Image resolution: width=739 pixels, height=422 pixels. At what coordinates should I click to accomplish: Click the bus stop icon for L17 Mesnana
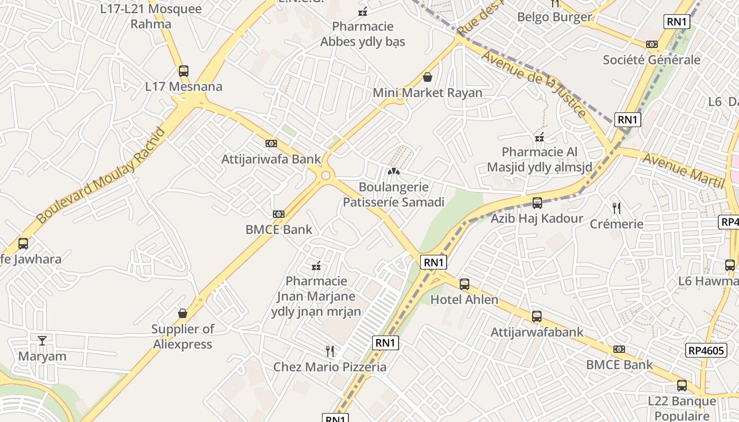pos(183,71)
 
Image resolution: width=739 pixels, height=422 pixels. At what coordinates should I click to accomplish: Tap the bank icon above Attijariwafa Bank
pos(271,143)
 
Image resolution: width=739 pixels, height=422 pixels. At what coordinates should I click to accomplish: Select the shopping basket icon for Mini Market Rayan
pos(428,78)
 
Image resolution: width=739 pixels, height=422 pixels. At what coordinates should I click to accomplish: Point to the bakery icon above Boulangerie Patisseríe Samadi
pos(393,171)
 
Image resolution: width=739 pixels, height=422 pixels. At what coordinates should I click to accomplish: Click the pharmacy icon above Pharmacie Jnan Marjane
pos(316,266)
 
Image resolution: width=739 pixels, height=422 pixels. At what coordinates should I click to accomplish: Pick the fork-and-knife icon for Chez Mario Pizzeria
pos(330,351)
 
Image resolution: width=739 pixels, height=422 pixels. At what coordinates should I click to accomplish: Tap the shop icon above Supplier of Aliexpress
pos(183,313)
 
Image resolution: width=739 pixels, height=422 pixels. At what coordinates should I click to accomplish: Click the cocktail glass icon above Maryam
pos(42,341)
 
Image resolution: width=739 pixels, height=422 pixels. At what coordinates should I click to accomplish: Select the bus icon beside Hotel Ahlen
pos(465,284)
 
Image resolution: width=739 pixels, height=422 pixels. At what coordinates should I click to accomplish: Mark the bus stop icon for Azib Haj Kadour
pos(537,203)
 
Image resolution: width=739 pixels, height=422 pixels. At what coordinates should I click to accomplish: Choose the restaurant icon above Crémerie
pos(616,208)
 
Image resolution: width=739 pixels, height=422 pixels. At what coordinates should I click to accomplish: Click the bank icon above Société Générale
pos(652,44)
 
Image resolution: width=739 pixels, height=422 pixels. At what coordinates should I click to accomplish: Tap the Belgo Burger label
pos(554,17)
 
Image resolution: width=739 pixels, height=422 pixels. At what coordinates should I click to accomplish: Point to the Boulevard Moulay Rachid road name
pos(101,175)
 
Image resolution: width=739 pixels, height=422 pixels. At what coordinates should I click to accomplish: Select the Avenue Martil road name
pos(683,170)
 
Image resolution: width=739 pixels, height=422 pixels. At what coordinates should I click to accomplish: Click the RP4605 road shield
pos(707,350)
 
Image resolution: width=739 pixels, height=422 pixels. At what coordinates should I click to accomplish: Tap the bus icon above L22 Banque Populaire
pos(682,386)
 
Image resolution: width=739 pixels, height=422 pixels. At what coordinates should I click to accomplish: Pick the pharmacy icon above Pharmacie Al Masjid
pos(539,138)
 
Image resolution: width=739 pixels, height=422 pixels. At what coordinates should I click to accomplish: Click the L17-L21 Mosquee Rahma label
pos(151,16)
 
